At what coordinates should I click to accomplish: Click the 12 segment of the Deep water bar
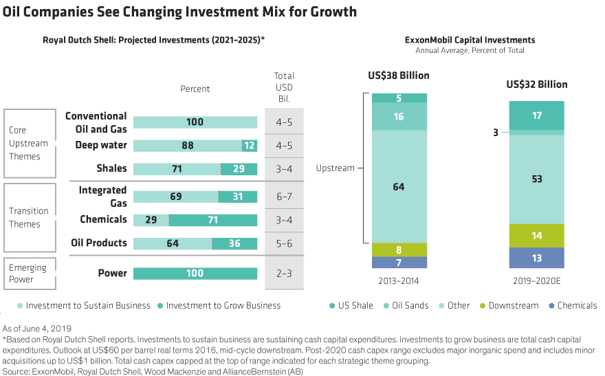(x=250, y=146)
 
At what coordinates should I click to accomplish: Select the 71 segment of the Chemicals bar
(x=214, y=220)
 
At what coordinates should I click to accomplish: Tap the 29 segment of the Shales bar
(x=239, y=169)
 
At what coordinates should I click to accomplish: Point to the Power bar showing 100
(x=195, y=274)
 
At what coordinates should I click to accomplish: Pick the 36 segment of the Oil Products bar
(x=234, y=243)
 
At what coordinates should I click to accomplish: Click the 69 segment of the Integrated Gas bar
(x=176, y=197)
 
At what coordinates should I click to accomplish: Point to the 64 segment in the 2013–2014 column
(x=399, y=187)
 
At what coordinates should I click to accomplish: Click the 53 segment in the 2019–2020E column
(x=537, y=179)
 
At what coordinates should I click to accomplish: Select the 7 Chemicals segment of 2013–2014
(x=399, y=263)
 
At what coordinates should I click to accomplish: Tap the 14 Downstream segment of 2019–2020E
(x=537, y=236)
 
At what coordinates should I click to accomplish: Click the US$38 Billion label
(x=399, y=76)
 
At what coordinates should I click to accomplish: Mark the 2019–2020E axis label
(x=537, y=282)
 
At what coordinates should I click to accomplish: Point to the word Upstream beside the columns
(x=335, y=168)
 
